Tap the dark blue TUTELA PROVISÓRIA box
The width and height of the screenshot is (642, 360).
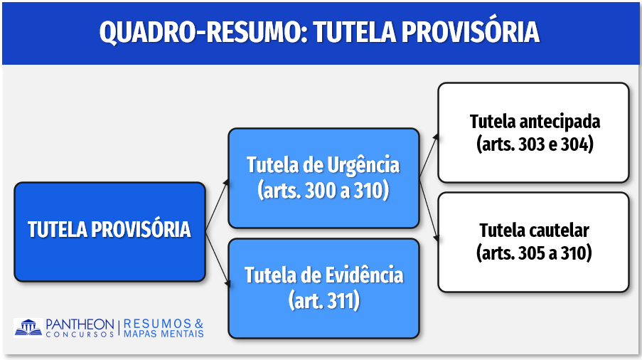pos(109,232)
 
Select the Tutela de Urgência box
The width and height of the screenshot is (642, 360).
pos(323,178)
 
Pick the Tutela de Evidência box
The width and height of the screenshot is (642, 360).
pos(323,288)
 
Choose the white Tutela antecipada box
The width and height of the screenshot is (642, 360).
pos(533,132)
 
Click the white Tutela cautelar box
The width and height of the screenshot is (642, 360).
pos(533,242)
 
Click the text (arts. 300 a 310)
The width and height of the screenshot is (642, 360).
pos(323,191)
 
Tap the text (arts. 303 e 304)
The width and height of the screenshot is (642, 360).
pos(535,144)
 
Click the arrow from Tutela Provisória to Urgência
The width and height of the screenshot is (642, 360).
pos(217,204)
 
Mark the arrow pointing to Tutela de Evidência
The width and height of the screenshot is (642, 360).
pos(218,259)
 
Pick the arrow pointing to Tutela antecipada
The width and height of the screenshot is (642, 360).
pos(429,155)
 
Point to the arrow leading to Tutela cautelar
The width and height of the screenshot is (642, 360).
pos(429,210)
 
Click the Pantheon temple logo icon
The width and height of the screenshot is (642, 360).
pos(28,328)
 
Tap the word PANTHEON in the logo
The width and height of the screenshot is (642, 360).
pos(80,324)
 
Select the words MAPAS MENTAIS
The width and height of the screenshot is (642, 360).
pos(164,334)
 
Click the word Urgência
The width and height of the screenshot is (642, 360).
pos(363,166)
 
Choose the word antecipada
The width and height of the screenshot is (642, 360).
pos(560,122)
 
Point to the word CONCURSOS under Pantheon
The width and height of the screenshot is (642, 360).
pos(80,334)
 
